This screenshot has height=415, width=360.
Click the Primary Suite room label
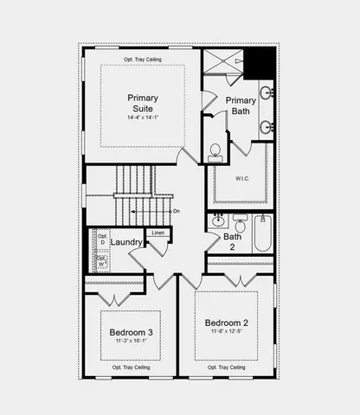point(143,103)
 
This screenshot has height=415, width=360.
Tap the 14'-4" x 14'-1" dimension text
point(143,117)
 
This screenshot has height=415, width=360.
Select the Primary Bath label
point(241,105)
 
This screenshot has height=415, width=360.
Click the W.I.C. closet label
point(242,180)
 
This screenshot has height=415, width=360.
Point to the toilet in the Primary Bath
point(215,152)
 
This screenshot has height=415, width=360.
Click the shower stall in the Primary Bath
point(222,64)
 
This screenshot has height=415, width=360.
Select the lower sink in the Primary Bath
point(266,127)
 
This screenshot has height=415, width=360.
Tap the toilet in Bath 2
point(240,223)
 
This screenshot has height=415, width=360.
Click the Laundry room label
point(126,243)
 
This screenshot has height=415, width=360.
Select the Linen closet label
point(157,233)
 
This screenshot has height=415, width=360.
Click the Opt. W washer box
point(101,259)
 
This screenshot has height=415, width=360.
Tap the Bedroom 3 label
point(132,332)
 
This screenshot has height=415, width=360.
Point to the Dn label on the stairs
point(177,211)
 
